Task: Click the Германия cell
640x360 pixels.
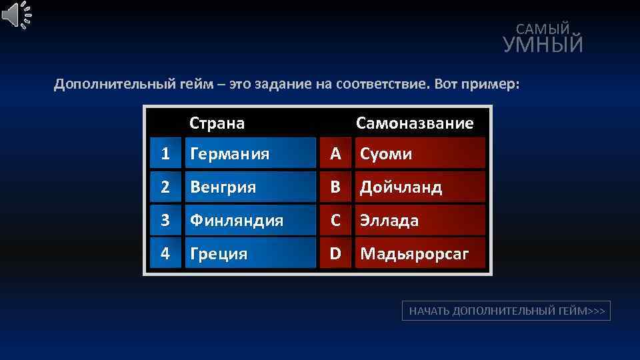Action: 250,154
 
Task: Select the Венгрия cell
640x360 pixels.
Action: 250,187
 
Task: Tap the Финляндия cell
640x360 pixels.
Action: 250,220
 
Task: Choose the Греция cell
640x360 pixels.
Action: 250,253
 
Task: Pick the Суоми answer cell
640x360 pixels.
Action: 420,154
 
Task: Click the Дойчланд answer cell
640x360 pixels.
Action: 420,187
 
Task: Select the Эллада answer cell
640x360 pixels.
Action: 420,220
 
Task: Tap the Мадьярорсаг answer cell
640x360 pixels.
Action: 420,253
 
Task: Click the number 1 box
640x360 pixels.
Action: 165,154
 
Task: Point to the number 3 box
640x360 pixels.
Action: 165,220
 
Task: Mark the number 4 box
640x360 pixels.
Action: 165,253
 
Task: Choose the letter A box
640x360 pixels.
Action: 335,154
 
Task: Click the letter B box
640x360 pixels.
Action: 335,187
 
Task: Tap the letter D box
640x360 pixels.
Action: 335,253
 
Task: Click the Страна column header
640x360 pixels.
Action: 217,123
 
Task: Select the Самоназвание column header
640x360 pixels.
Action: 415,123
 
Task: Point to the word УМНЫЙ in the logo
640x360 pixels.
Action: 543,45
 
